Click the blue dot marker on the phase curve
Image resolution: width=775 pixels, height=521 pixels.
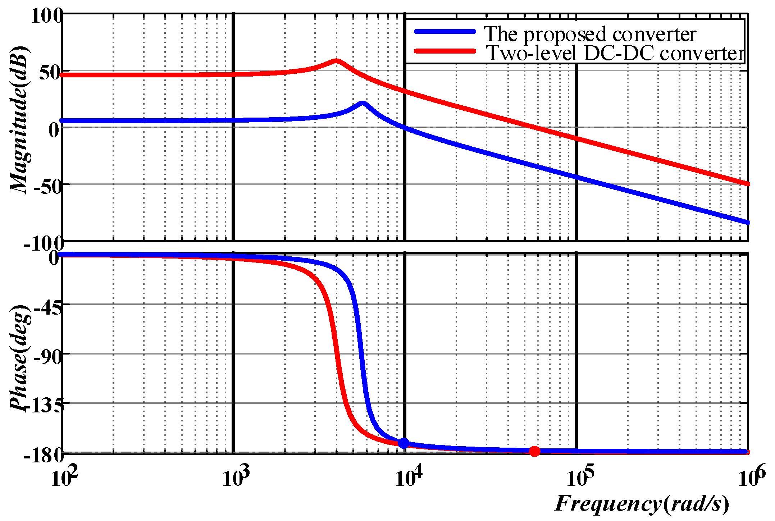(404, 443)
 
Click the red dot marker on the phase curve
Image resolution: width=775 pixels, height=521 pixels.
(535, 451)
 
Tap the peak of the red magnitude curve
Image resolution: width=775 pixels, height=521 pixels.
(336, 60)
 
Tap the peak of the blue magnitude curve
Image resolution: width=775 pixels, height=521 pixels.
(363, 104)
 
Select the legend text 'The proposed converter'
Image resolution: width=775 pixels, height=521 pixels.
(590, 35)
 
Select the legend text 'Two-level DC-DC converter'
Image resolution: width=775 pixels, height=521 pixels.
(615, 53)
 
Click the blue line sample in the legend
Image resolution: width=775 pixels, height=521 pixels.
(445, 32)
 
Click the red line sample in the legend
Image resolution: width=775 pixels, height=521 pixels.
(445, 51)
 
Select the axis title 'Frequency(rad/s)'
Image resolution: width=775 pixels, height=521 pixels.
(642, 503)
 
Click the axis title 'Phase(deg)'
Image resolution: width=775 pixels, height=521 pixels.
(19, 358)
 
